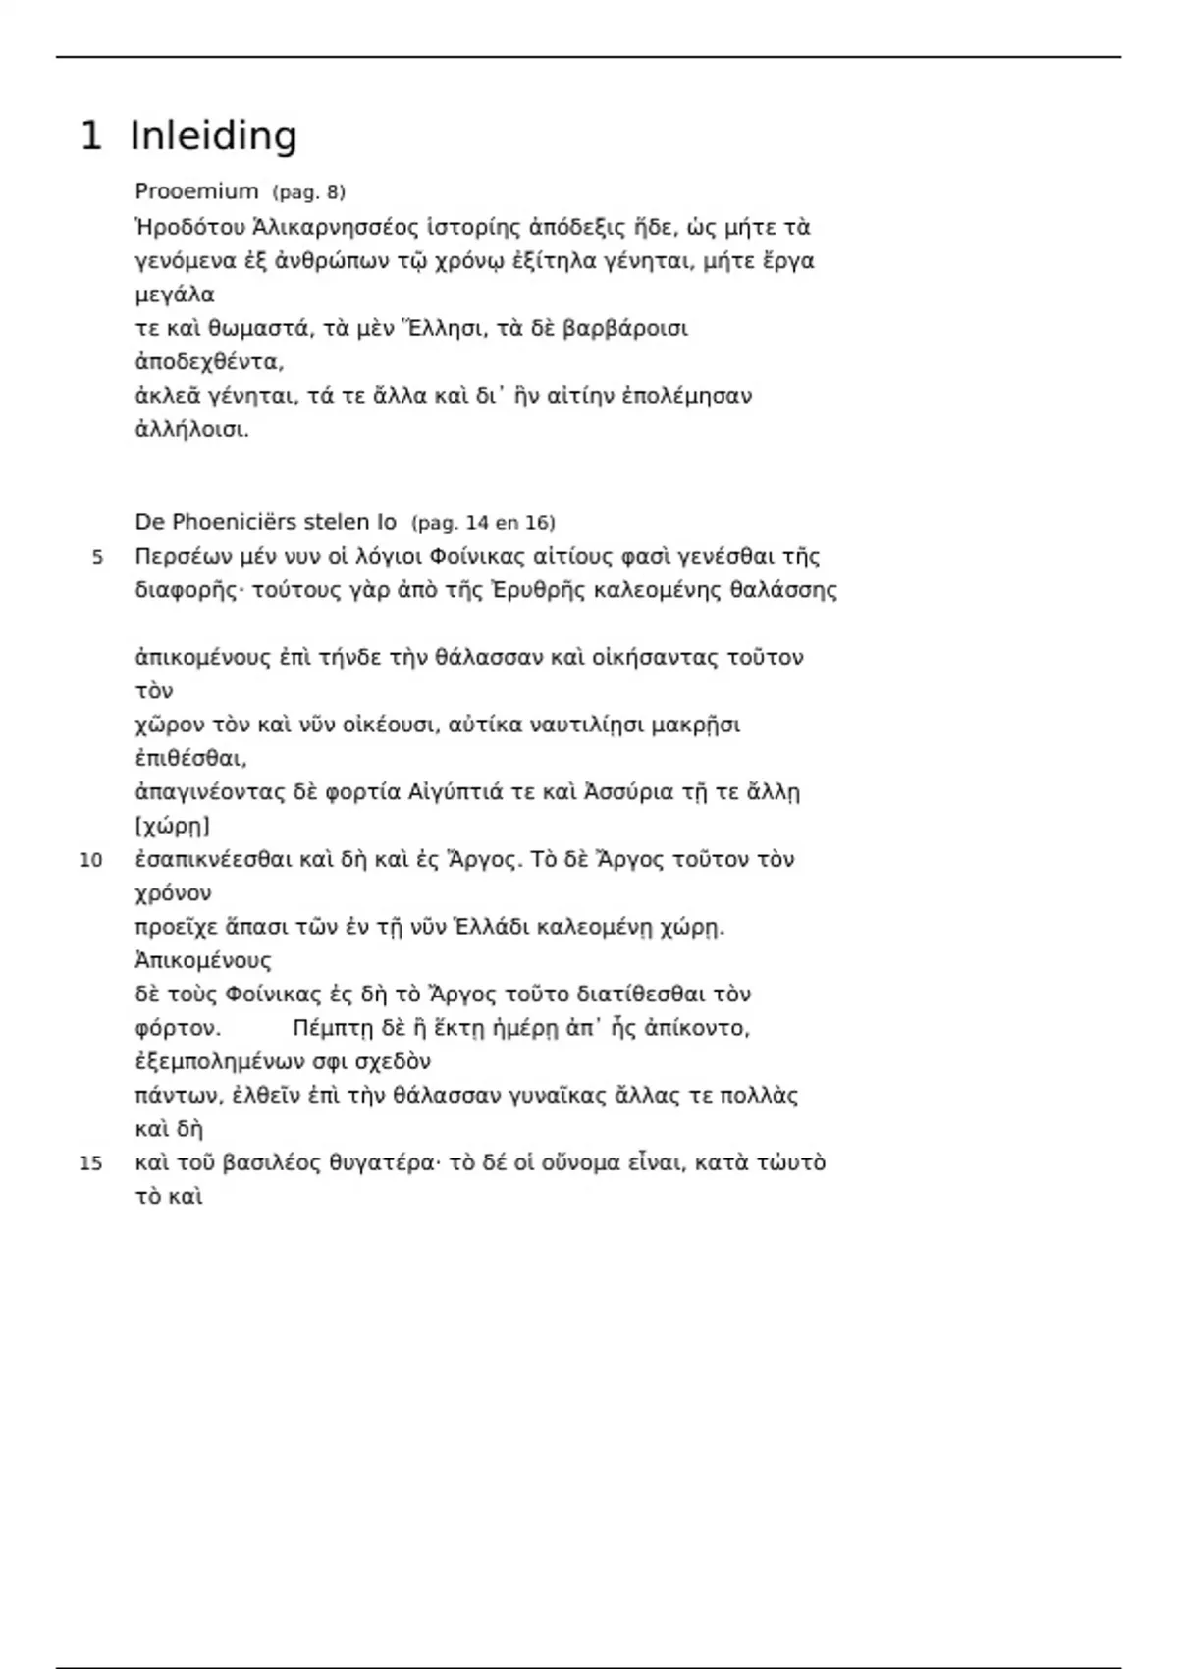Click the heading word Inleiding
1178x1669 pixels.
point(213,135)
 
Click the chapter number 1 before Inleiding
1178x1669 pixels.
point(90,135)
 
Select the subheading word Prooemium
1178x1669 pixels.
point(196,191)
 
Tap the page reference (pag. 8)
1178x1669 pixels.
point(308,192)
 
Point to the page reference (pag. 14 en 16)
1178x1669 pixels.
point(483,523)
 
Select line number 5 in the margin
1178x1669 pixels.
point(97,558)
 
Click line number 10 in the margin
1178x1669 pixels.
point(90,861)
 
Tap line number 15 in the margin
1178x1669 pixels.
point(90,1164)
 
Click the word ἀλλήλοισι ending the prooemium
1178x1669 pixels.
point(191,430)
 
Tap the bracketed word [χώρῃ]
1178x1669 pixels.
point(173,827)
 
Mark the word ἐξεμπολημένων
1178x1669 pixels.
point(221,1062)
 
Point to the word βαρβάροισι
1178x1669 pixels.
point(625,329)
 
